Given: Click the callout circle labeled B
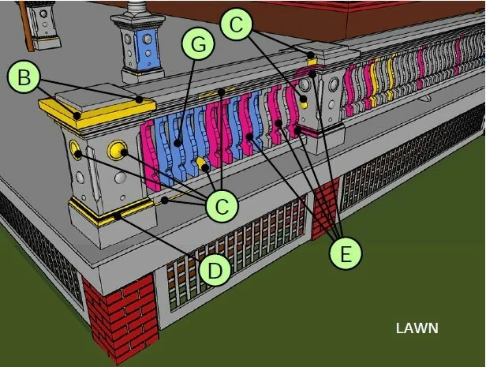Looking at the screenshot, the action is click(x=24, y=77).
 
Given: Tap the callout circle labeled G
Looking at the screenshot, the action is click(x=198, y=43).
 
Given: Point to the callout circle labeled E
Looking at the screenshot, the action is click(x=345, y=253).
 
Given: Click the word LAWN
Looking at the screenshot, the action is click(x=417, y=328).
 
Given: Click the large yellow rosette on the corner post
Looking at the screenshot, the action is click(x=117, y=150).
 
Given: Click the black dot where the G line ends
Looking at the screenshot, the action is click(x=177, y=143).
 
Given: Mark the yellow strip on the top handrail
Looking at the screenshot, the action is click(x=217, y=92).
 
